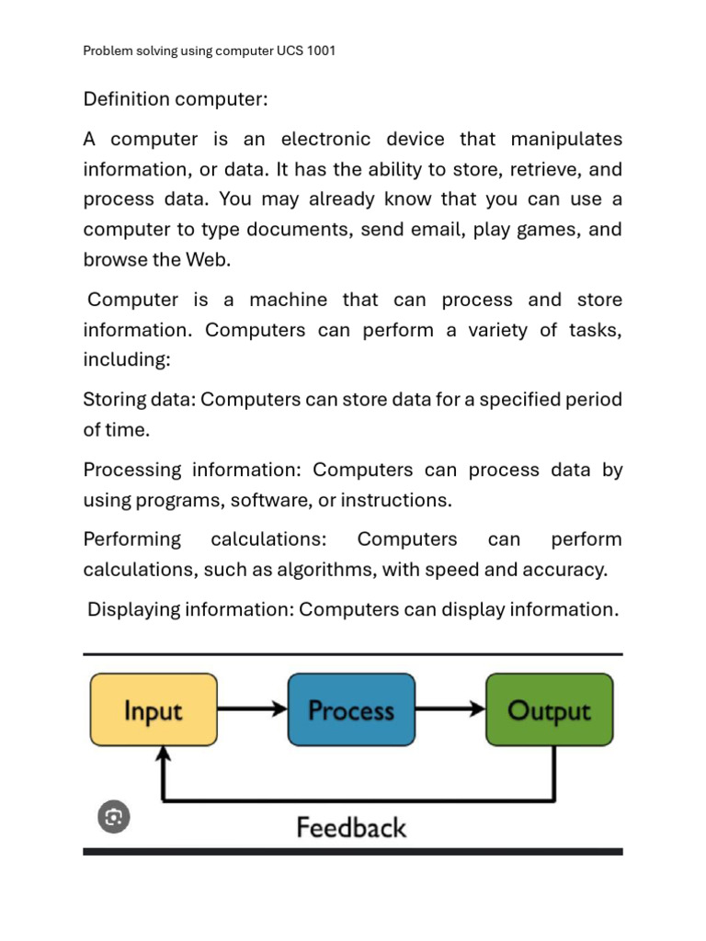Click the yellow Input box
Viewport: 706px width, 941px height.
point(154,709)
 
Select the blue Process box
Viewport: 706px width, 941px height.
point(351,709)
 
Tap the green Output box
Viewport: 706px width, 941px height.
point(549,709)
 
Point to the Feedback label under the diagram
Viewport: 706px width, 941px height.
point(351,828)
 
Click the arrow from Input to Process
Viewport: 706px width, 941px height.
point(253,709)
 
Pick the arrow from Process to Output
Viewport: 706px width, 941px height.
point(450,709)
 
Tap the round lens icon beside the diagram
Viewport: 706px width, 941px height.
point(114,817)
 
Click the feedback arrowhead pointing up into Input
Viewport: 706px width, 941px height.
point(164,755)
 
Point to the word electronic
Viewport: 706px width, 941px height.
point(326,140)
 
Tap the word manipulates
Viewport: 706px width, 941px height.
point(566,140)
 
